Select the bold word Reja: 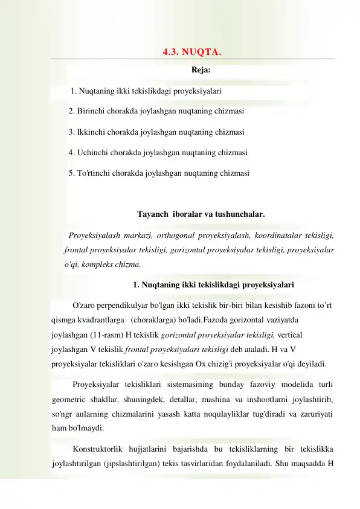point(201,70)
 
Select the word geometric point(69,399)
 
